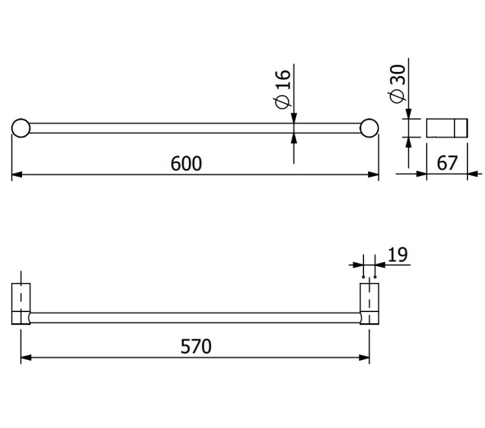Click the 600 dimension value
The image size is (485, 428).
(186, 164)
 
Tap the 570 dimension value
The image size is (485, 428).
(196, 346)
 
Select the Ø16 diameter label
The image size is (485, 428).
(282, 89)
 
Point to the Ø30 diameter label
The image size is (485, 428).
(398, 84)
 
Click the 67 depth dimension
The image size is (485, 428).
(447, 163)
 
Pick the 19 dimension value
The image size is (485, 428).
(398, 255)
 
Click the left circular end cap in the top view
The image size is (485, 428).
(21, 128)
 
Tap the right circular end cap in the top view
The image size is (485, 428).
(369, 128)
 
